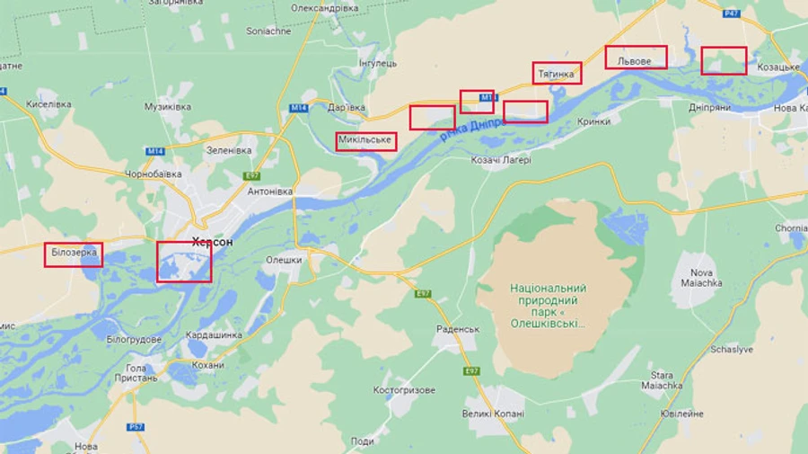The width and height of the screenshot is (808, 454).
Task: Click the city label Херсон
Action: tap(212, 242)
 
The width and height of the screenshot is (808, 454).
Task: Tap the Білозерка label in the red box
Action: tap(73, 254)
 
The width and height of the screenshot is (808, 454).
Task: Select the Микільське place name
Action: tap(366, 141)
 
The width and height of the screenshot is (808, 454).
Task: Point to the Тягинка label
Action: tap(557, 73)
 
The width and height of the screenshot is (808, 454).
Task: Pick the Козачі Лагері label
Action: tap(501, 160)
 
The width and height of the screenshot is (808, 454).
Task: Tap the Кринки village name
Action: tap(593, 121)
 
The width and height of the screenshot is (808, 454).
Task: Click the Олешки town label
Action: tap(284, 260)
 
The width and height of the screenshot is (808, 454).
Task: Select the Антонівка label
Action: tap(270, 191)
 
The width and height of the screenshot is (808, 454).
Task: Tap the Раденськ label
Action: tap(458, 329)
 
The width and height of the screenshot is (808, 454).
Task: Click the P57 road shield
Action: tap(136, 427)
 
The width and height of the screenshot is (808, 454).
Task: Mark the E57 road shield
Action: tap(251, 176)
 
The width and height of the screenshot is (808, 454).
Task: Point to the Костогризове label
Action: tap(404, 390)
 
